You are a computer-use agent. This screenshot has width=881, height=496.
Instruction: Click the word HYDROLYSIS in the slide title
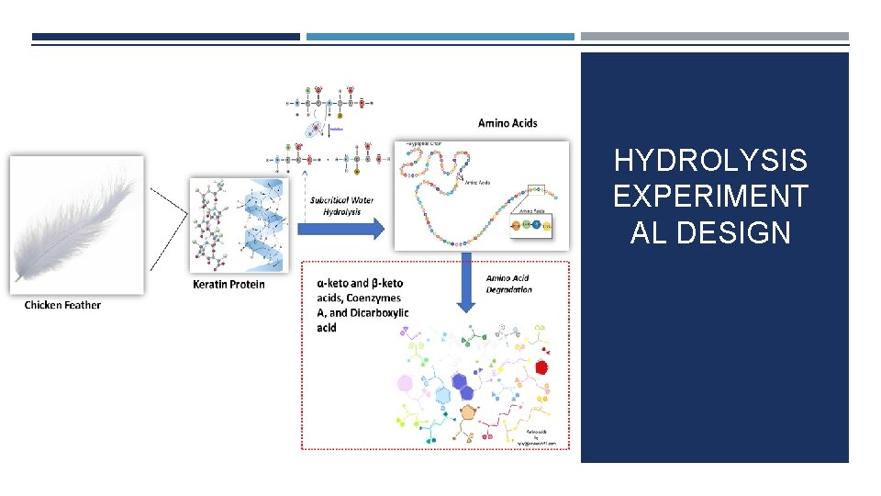point(710,162)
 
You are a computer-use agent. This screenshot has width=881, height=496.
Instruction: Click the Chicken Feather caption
point(62,305)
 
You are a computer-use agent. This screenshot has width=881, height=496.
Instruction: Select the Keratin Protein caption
point(229,284)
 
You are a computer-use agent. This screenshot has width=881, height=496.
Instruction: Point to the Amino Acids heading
point(507,122)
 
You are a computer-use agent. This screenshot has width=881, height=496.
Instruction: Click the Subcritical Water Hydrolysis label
point(341,206)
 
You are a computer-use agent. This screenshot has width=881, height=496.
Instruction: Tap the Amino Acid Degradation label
point(508,284)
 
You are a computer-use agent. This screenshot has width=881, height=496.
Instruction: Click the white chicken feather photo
point(76,223)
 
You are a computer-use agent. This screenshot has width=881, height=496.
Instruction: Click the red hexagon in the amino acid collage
point(541,366)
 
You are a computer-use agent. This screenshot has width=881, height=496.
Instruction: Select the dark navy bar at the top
point(166,38)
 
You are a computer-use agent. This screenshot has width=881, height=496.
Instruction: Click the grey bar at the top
point(714,38)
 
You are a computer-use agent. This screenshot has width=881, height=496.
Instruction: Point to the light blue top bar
point(440,38)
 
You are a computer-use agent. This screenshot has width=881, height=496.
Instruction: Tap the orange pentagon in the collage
point(469,413)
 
